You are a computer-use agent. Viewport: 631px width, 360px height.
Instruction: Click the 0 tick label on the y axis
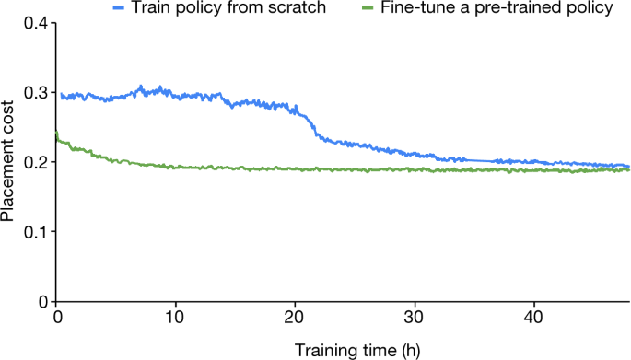pyautogui.click(x=41, y=301)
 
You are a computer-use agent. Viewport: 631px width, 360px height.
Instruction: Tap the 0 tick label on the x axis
pyautogui.click(x=57, y=318)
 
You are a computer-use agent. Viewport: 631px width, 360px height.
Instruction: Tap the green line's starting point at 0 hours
pyautogui.click(x=57, y=134)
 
